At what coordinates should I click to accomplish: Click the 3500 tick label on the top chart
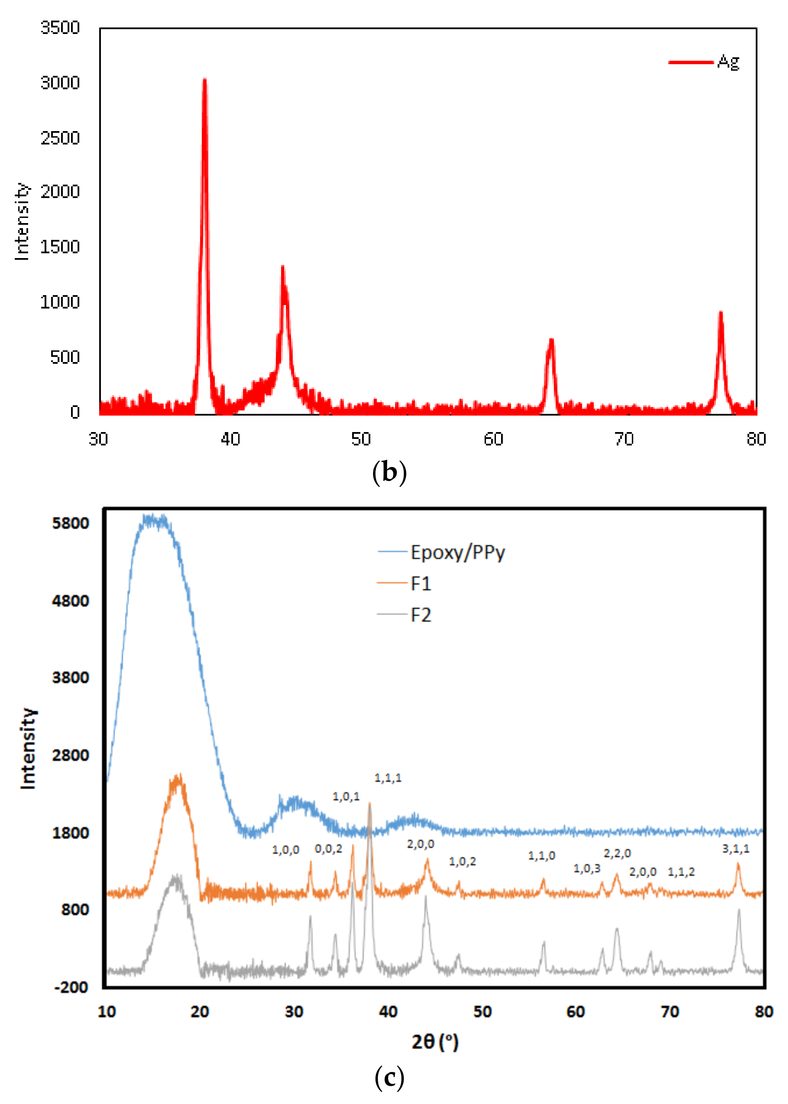pos(60,28)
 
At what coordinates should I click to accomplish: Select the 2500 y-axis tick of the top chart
pos(60,138)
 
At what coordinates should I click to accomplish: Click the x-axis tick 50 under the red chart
pos(361,439)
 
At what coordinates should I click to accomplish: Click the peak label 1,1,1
pos(388,778)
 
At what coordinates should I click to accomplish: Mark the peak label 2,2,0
pos(617,853)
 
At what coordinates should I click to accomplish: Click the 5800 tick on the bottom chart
pos(71,523)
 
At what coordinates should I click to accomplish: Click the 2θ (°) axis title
pos(435,1042)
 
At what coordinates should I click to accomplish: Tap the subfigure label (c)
pos(389,1078)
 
